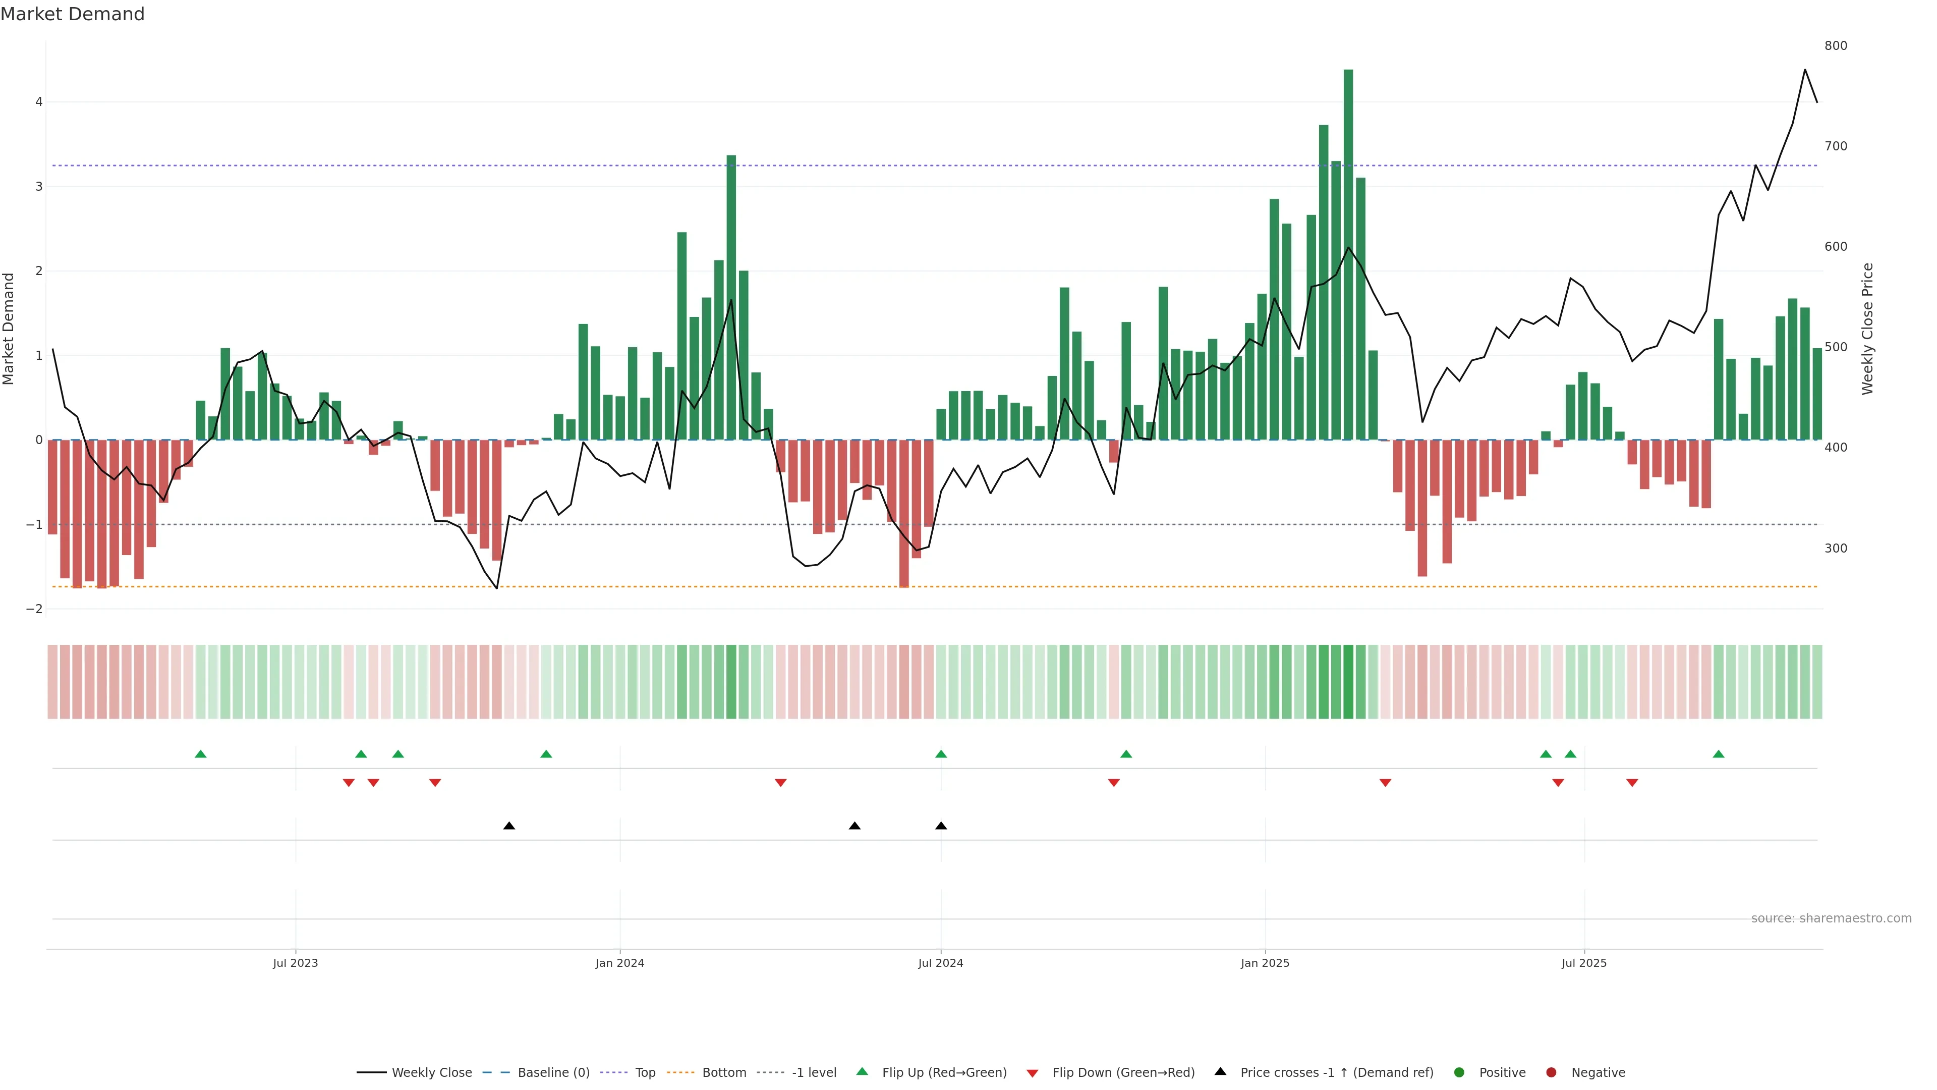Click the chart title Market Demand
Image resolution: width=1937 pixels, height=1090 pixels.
point(72,14)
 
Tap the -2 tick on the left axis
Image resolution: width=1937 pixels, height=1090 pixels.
point(35,609)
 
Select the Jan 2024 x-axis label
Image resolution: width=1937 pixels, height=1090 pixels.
point(619,963)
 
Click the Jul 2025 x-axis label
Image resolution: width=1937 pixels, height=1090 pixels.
point(1583,963)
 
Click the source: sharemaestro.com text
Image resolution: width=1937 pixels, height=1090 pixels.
point(1831,918)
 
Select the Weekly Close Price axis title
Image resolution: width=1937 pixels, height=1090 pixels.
point(1867,329)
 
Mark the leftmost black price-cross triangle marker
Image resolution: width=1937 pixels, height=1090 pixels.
point(509,826)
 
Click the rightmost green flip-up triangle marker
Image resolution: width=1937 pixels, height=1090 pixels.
point(1718,754)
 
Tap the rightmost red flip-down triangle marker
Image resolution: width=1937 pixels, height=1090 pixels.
point(1632,783)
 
